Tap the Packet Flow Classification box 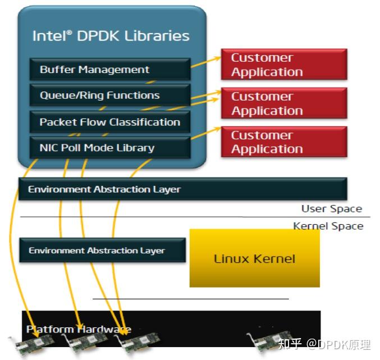pyautogui.click(x=109, y=122)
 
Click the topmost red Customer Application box pyautogui.click(x=283, y=65)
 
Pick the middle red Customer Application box pyautogui.click(x=283, y=103)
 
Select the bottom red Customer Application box pyautogui.click(x=283, y=142)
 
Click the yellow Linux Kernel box pyautogui.click(x=254, y=258)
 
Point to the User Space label pyautogui.click(x=331, y=209)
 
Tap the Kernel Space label pyautogui.click(x=328, y=226)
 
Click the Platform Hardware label pyautogui.click(x=79, y=329)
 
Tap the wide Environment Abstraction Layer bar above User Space pyautogui.click(x=182, y=189)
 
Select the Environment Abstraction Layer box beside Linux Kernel pyautogui.click(x=102, y=250)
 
